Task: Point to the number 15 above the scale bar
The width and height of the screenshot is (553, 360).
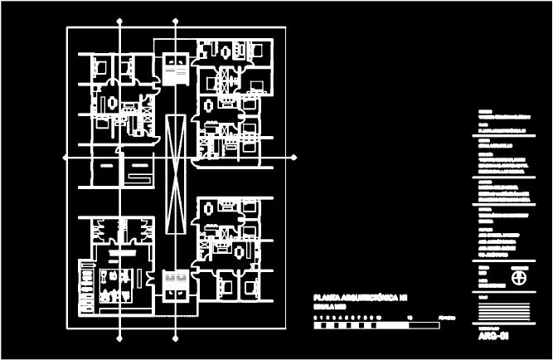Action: tap(409, 317)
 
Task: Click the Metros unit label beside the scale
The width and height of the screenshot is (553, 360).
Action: tap(446, 317)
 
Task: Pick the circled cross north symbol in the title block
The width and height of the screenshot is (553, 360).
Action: tap(520, 275)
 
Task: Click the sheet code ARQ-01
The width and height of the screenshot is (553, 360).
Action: tap(493, 337)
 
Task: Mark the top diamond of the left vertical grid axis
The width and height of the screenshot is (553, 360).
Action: tap(122, 18)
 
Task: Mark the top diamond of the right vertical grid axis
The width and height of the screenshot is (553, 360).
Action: tap(176, 18)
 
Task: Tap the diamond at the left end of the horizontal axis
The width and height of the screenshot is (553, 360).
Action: tap(65, 155)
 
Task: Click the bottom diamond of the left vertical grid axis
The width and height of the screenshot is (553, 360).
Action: tap(122, 337)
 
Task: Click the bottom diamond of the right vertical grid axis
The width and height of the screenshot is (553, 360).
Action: tap(176, 337)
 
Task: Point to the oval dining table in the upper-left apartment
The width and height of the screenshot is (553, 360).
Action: tap(112, 103)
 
